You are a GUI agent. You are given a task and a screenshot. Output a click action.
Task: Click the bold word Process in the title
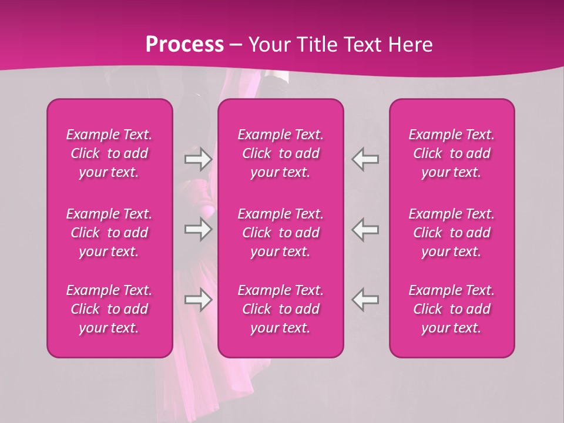pos(184,45)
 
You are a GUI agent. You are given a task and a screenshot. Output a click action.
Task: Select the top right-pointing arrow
pos(198,159)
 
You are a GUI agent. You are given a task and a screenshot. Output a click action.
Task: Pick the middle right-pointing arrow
pos(198,229)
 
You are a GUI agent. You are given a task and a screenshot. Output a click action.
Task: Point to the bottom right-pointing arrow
pos(198,300)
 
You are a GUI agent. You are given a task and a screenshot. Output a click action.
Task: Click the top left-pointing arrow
pos(365,159)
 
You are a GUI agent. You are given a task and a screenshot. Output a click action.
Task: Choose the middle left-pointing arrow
pos(365,229)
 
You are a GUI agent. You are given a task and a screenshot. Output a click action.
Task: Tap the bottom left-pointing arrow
pos(365,300)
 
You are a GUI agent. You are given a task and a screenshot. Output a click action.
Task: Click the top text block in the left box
pos(109,153)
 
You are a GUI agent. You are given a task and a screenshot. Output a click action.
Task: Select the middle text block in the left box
pos(109,233)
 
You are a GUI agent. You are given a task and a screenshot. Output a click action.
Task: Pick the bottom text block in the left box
pos(109,309)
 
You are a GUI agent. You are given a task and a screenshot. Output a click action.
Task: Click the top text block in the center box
pos(281,153)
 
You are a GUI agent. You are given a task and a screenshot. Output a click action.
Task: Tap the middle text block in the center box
pos(281,233)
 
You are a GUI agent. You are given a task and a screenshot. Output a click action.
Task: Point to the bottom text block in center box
pos(281,309)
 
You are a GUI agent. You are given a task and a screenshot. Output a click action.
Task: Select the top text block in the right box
pos(452,153)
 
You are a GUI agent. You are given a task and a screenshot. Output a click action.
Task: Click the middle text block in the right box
pos(452,233)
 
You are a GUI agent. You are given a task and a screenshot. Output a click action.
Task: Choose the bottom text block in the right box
pos(452,309)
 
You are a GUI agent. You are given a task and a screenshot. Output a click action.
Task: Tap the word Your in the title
pos(268,45)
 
